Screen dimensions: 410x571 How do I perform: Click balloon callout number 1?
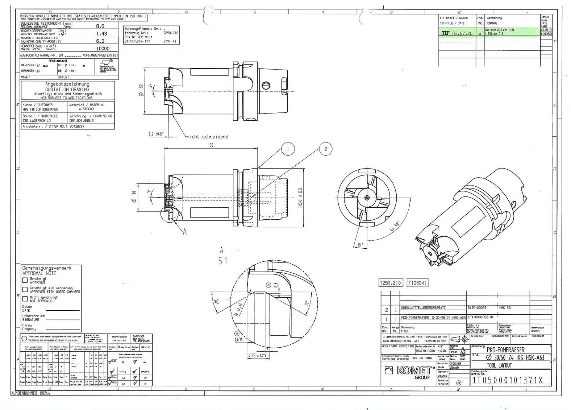(x=288, y=149)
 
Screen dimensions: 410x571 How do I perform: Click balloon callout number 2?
(x=325, y=149)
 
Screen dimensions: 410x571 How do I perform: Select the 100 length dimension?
(x=211, y=145)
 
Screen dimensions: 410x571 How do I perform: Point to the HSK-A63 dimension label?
(x=300, y=198)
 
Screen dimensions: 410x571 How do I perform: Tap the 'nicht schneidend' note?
(x=207, y=137)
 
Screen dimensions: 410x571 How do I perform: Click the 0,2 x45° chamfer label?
(x=157, y=134)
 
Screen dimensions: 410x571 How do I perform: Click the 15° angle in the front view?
(x=360, y=245)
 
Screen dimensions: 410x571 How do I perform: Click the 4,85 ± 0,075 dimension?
(x=257, y=356)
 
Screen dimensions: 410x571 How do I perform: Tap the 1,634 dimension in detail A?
(x=238, y=340)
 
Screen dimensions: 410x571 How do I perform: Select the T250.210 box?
(x=390, y=283)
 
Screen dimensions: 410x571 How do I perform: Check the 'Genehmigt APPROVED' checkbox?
(x=25, y=280)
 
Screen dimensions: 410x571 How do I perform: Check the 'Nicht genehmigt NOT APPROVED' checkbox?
(x=25, y=299)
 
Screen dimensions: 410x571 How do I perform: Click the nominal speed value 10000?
(x=103, y=48)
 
